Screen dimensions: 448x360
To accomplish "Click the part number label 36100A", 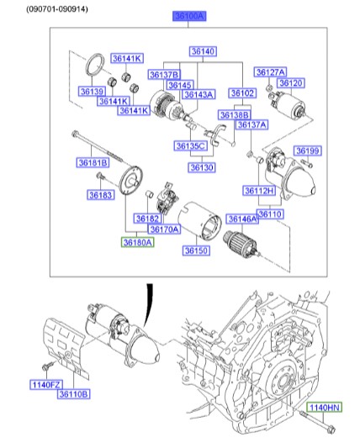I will (188, 16).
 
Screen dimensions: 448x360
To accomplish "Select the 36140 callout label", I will (203, 52).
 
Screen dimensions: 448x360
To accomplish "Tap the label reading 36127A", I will (271, 71).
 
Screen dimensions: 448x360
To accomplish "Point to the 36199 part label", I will (308, 151).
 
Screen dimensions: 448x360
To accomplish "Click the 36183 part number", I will (100, 195).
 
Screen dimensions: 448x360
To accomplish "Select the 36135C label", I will (191, 146).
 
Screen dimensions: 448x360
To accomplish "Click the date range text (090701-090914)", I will (56, 7).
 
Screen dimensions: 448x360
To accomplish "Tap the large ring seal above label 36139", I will (96, 66).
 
